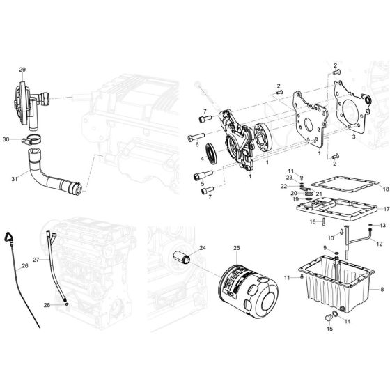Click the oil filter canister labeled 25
[x=248, y=292]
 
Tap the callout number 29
[x=22, y=70]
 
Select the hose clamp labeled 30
[x=31, y=139]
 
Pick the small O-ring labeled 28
[x=67, y=304]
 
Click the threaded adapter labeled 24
[x=182, y=257]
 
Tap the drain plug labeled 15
[x=329, y=318]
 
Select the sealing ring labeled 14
[x=335, y=313]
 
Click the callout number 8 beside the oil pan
[x=382, y=289]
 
